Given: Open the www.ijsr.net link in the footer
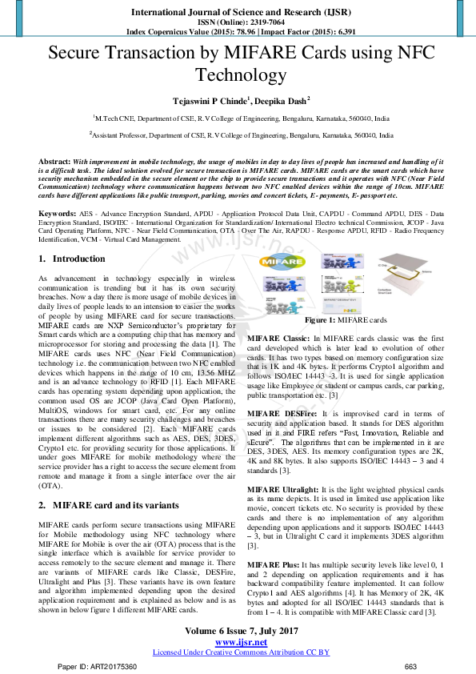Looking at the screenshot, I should pos(241,640).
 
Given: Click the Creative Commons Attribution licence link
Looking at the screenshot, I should pos(241,652).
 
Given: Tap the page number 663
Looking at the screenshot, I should pos(410,667).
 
